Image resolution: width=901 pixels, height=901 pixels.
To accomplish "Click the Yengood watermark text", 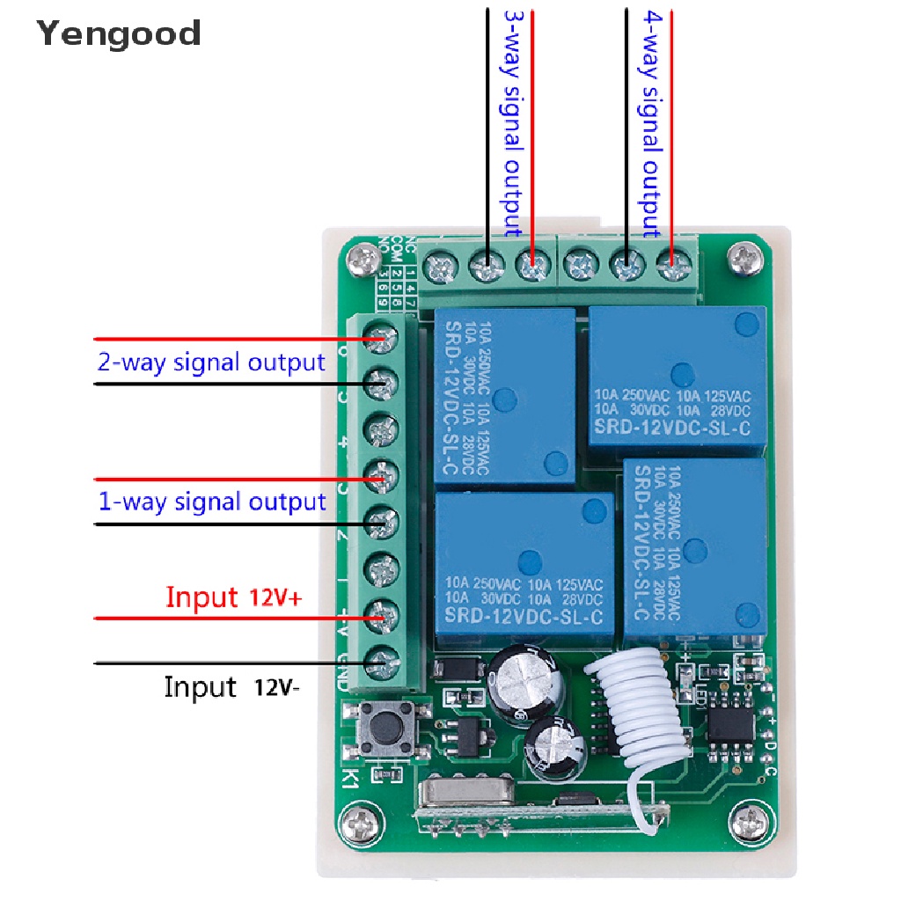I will click(120, 34).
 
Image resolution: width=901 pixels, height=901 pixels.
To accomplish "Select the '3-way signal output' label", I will click(512, 123).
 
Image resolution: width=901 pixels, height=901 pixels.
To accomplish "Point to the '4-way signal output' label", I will click(651, 123).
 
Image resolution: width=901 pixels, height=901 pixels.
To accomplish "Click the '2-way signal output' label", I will click(211, 362).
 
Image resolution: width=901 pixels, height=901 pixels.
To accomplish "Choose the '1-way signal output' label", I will click(211, 502).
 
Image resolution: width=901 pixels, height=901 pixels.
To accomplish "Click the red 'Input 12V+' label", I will click(234, 598).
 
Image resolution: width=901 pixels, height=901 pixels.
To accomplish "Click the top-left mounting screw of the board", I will click(362, 259).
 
